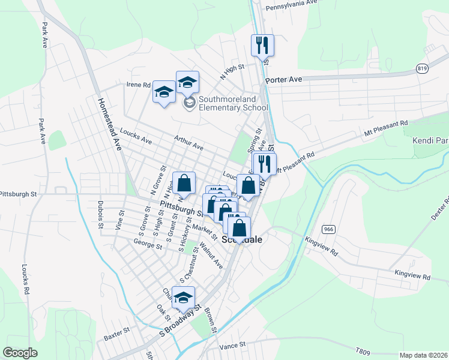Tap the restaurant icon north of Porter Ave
[262, 46]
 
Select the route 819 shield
[422, 69]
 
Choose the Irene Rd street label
[138, 85]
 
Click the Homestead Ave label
[110, 125]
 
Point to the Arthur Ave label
[188, 142]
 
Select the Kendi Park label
[430, 141]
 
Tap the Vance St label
[233, 345]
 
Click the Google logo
[20, 353]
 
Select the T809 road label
[363, 351]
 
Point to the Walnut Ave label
[211, 254]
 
